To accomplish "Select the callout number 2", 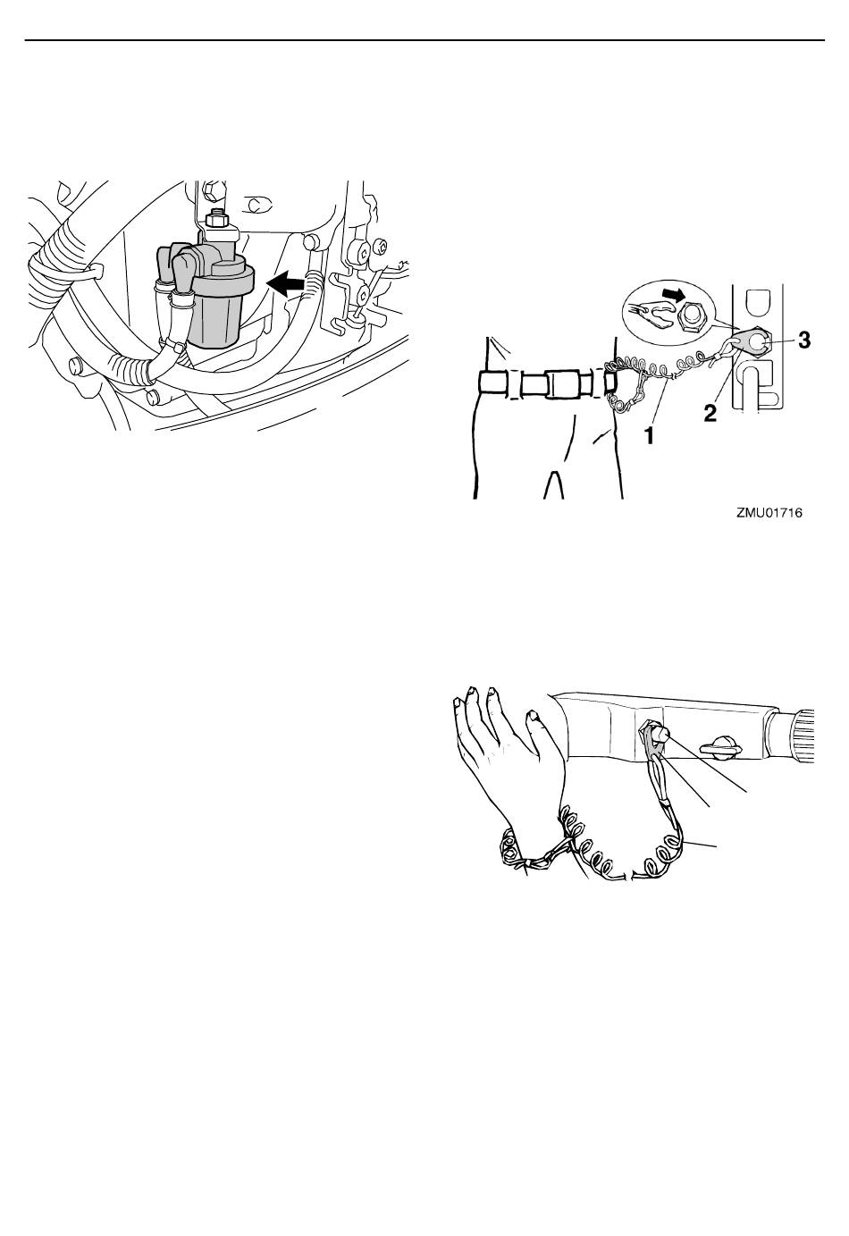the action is tap(710, 413).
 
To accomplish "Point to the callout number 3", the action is tap(805, 341).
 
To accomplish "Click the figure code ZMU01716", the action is tap(769, 514).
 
